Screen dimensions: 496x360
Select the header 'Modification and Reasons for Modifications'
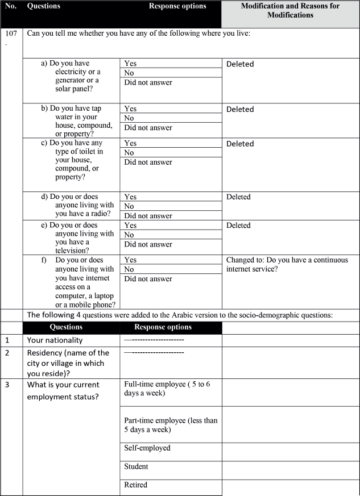tap(290, 10)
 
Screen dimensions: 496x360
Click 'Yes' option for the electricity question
tap(130, 64)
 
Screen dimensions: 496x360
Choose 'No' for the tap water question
tap(129, 118)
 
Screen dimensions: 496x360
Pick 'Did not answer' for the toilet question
tap(148, 162)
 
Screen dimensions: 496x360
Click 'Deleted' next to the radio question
tap(238, 197)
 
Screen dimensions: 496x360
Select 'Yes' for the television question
tap(130, 226)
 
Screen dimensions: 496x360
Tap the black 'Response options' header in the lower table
tap(163, 327)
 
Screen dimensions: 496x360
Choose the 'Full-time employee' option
tap(164, 389)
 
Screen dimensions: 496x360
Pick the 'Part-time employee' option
tap(170, 425)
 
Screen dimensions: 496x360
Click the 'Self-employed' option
tap(147, 448)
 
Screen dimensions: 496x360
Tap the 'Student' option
tap(136, 466)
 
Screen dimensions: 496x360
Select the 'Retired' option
tap(135, 485)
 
